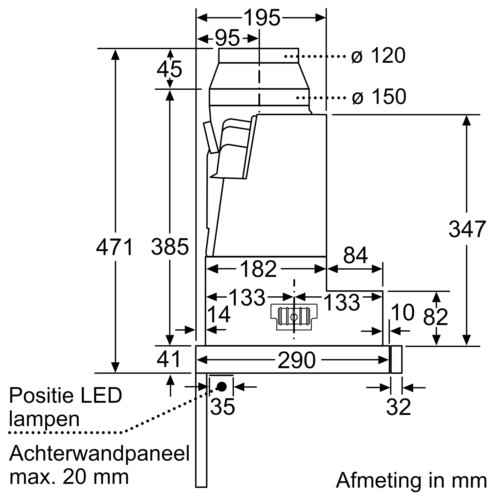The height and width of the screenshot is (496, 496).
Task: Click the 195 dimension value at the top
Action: [262, 18]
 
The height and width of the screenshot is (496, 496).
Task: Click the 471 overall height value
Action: [115, 247]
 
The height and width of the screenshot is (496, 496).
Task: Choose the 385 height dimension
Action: [170, 247]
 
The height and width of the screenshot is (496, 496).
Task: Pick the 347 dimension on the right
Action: [467, 229]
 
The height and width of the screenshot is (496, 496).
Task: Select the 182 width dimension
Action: [258, 269]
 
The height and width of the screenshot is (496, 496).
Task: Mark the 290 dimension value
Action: [297, 360]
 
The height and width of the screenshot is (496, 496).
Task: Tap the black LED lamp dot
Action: [221, 386]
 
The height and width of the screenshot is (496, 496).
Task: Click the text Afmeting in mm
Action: [411, 480]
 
